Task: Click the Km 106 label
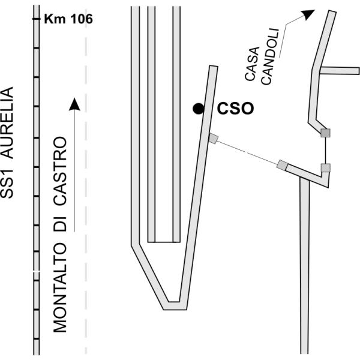[68, 19]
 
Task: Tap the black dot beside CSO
[199, 109]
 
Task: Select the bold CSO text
[235, 109]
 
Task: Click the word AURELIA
[7, 122]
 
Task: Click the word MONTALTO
[60, 288]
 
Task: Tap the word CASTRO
[60, 171]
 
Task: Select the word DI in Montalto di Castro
[60, 224]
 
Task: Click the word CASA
[252, 64]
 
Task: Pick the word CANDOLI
[270, 57]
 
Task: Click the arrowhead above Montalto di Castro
[74, 104]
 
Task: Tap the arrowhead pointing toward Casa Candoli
[308, 14]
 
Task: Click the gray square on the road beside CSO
[213, 139]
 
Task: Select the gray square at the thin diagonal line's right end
[282, 165]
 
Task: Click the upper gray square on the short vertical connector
[325, 133]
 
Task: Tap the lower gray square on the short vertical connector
[326, 168]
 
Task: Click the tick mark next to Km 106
[36, 19]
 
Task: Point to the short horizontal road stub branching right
[340, 71]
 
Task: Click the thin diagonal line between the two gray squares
[247, 152]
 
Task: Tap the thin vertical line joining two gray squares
[325, 151]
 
